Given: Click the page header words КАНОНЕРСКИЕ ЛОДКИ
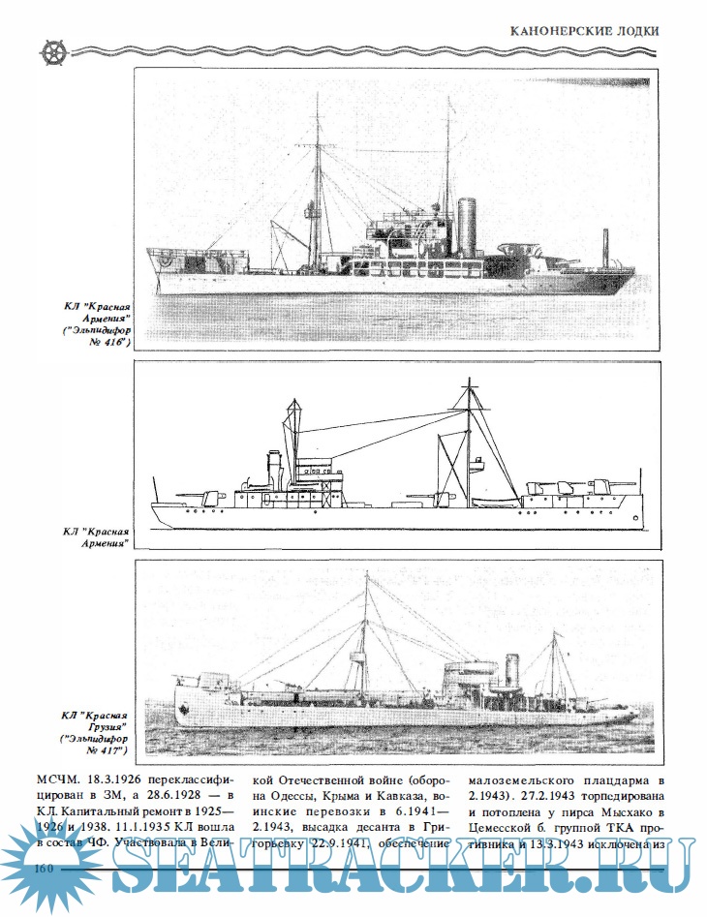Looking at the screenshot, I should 585,30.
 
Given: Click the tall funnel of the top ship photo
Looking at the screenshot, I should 468,224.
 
